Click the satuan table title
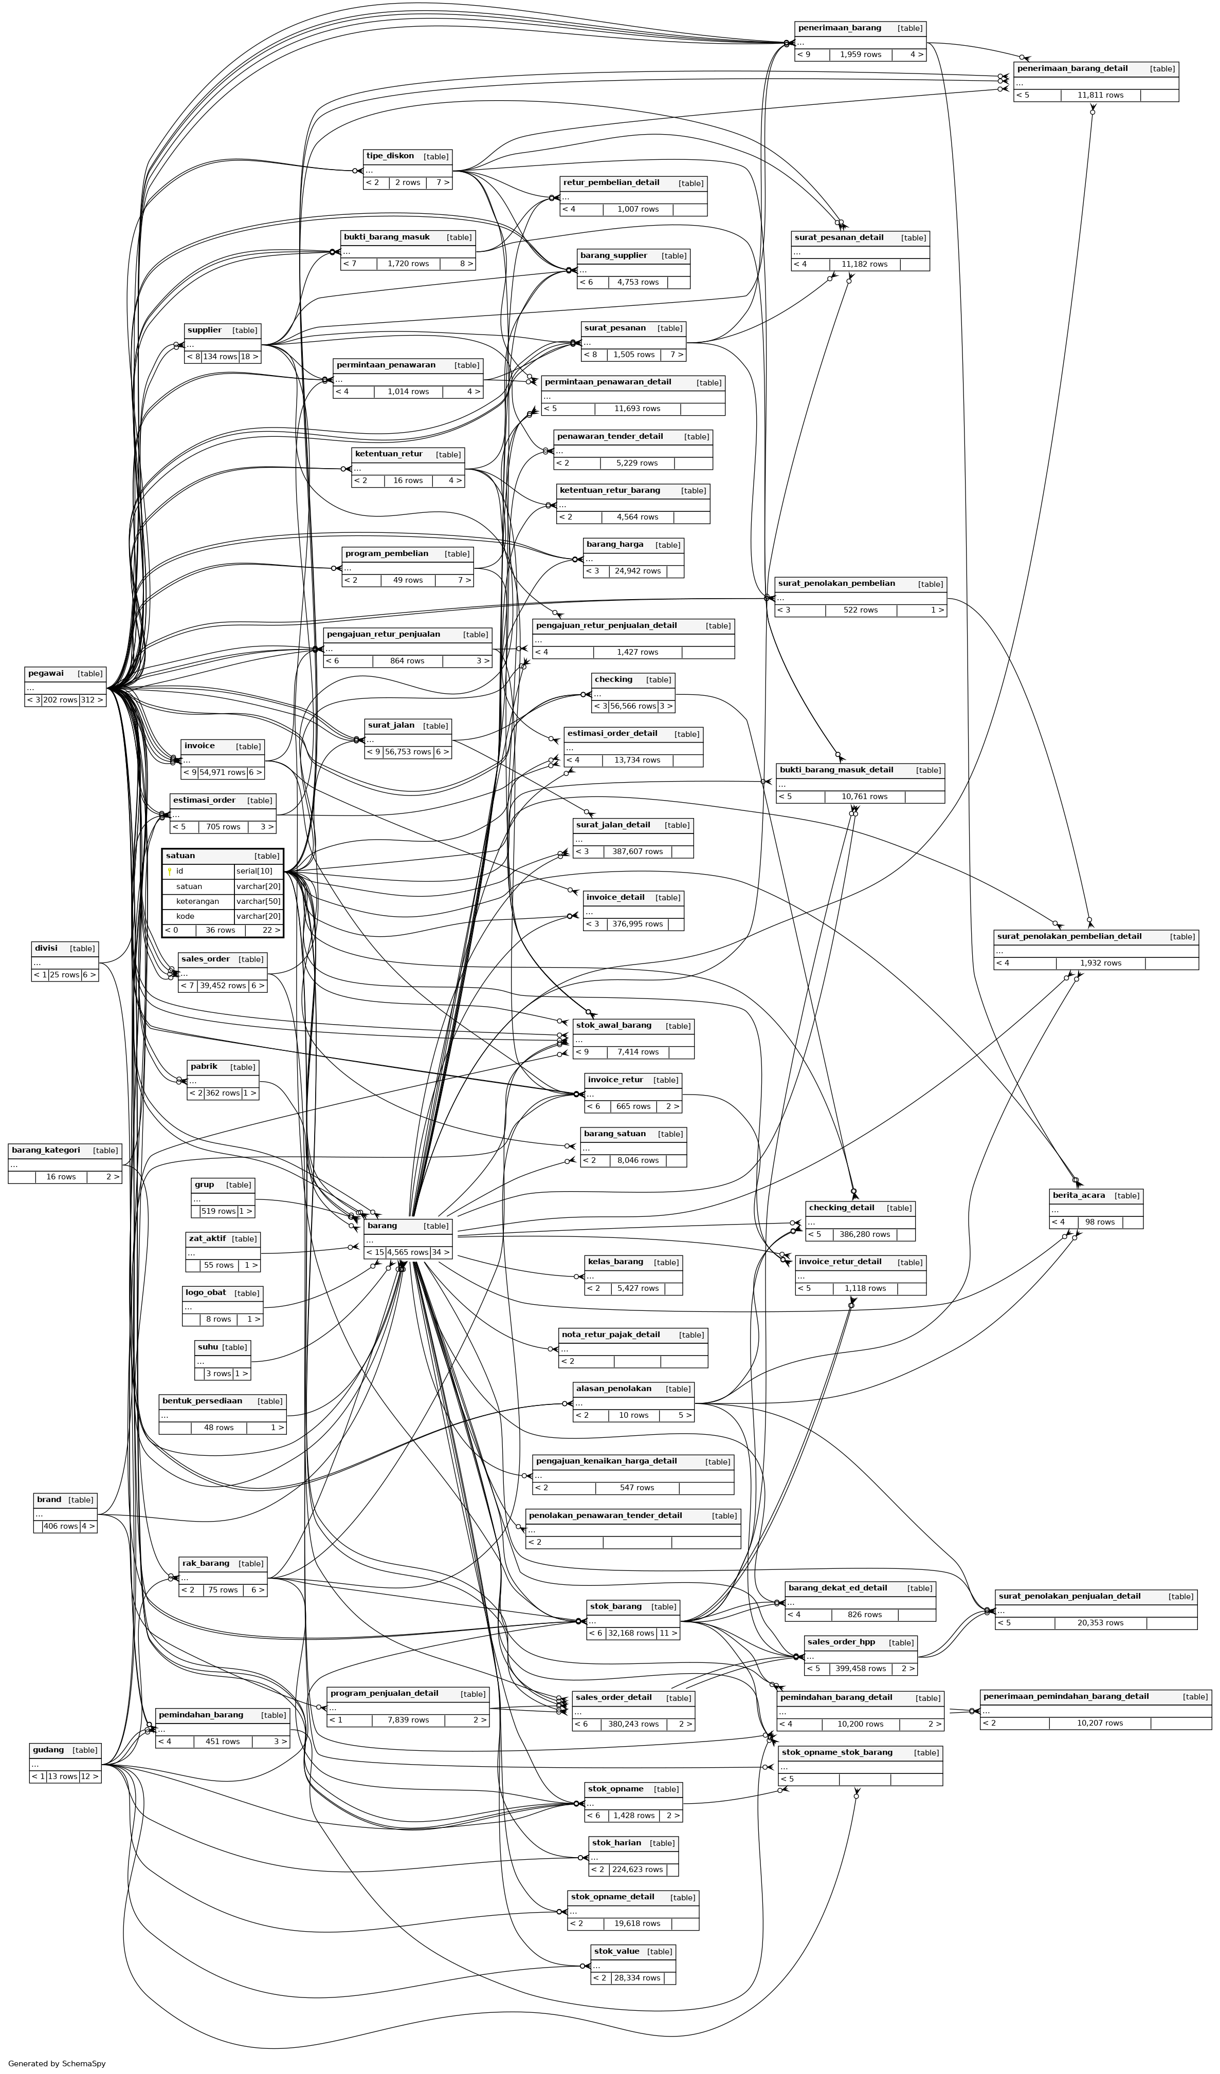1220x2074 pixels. pos(181,856)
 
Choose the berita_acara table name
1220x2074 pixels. pos(1079,1195)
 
